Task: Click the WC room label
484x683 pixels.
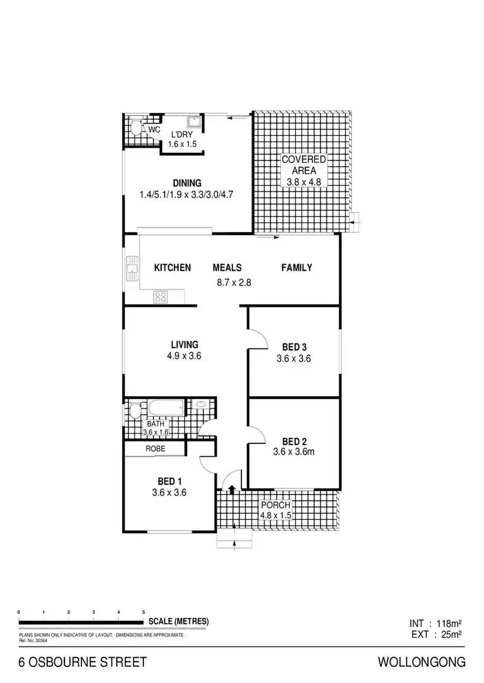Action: [154, 130]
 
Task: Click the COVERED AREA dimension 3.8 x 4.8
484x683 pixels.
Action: [303, 182]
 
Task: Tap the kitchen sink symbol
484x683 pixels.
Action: [132, 269]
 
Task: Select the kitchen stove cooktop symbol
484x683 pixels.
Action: [161, 297]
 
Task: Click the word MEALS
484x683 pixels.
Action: [227, 268]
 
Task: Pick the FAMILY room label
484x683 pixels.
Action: [296, 268]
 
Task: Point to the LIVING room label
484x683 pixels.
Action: [185, 344]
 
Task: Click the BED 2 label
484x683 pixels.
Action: [294, 441]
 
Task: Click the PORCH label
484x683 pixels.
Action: [275, 505]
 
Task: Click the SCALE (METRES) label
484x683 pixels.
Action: [179, 621]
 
